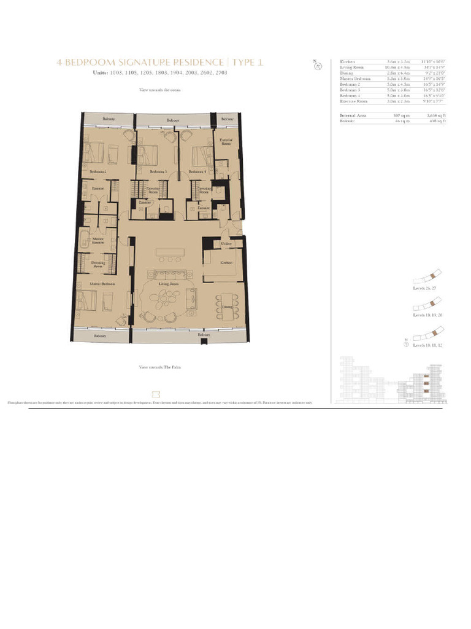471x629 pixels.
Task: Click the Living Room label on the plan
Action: pos(168,284)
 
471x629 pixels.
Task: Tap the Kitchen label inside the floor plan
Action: pos(226,262)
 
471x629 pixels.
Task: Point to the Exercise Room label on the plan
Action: pos(225,142)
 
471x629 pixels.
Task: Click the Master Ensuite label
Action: pos(98,240)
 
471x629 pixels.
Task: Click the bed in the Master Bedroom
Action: pos(89,301)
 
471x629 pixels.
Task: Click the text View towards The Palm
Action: pos(160,367)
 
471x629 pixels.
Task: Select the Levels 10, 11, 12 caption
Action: pos(427,346)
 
